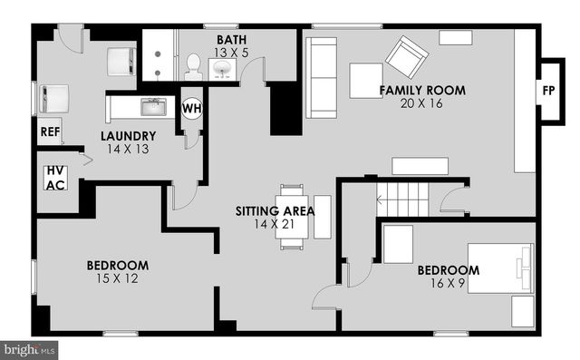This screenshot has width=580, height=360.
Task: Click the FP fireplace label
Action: tap(548, 92)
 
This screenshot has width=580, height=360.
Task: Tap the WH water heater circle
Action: tap(192, 109)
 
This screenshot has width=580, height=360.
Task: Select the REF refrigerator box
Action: tap(50, 132)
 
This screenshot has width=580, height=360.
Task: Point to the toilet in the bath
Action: tap(193, 63)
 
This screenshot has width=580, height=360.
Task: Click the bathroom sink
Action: tap(222, 69)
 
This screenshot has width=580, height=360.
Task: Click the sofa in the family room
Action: tap(318, 78)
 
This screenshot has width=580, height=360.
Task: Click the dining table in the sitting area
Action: tap(292, 217)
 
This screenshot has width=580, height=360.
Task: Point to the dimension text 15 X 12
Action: tap(117, 279)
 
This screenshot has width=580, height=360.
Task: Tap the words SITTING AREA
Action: tap(275, 210)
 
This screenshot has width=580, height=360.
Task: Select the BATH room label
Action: tap(231, 40)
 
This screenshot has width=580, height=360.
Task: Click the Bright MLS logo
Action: tap(30, 348)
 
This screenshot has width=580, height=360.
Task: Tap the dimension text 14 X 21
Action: tap(275, 223)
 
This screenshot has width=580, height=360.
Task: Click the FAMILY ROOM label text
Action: tap(422, 90)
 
